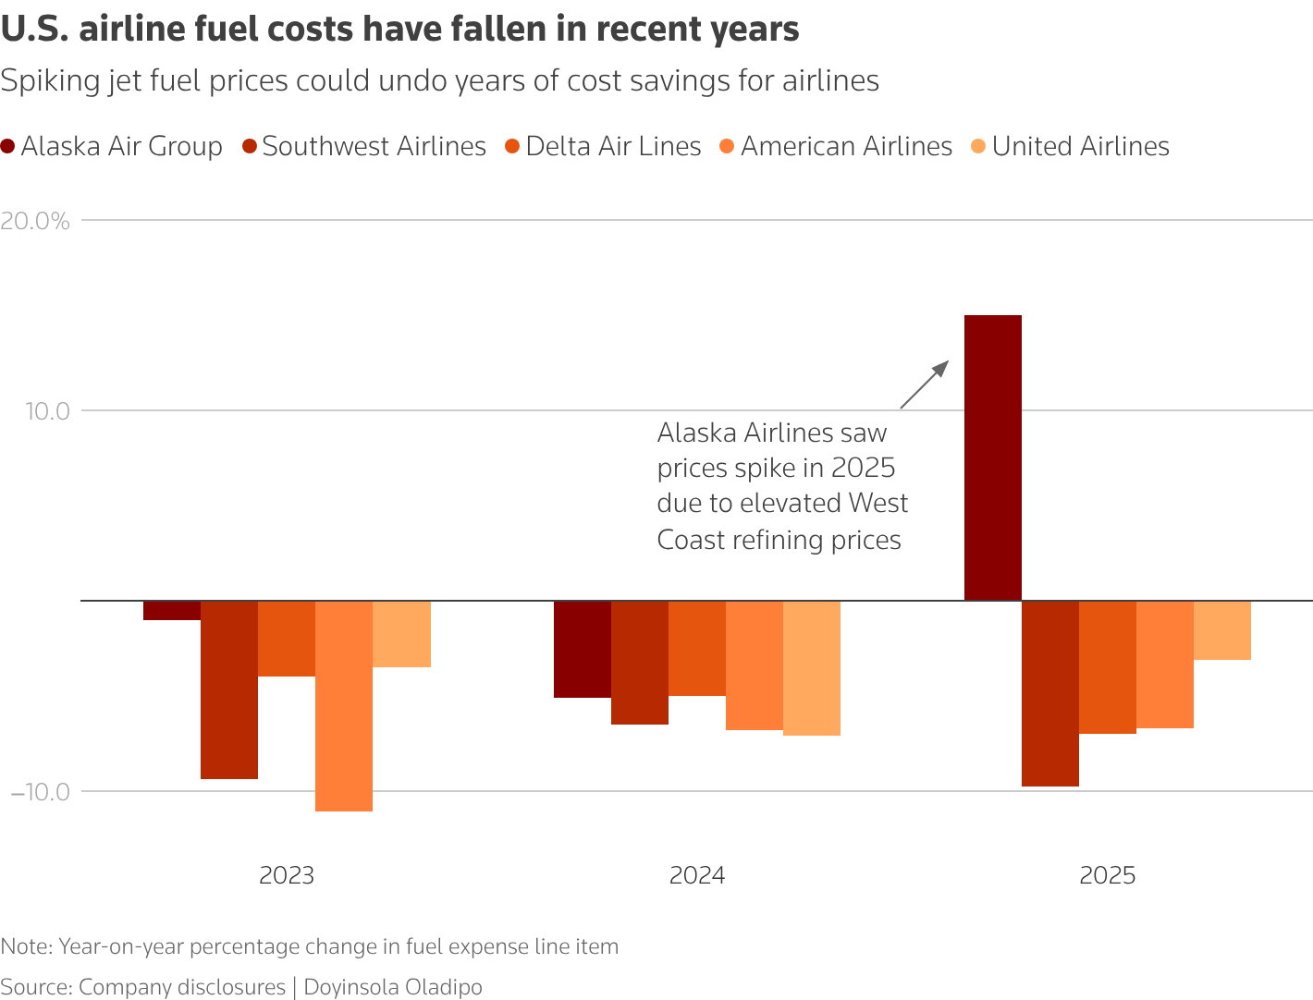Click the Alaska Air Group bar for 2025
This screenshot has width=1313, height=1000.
992,457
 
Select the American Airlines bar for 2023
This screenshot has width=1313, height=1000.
344,705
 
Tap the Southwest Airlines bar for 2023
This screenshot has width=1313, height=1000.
229,689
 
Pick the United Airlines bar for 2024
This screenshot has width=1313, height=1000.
811,667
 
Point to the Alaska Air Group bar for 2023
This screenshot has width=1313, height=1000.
172,610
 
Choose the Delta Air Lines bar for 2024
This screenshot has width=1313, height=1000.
696,648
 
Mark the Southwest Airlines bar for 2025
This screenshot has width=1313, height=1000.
1049,693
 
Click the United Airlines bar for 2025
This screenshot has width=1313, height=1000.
1221,630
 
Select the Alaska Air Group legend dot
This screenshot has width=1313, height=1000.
8,146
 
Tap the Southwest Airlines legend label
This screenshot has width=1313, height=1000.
374,146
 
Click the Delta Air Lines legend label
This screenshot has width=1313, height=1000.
613,146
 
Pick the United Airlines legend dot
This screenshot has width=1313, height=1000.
978,146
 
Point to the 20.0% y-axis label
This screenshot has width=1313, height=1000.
36,221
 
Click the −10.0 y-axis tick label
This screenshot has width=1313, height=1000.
40,792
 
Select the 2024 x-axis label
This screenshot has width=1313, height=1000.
697,875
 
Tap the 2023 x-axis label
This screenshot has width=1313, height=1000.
287,875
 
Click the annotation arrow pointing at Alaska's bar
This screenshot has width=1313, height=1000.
924,384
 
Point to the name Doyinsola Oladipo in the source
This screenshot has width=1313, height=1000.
393,987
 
